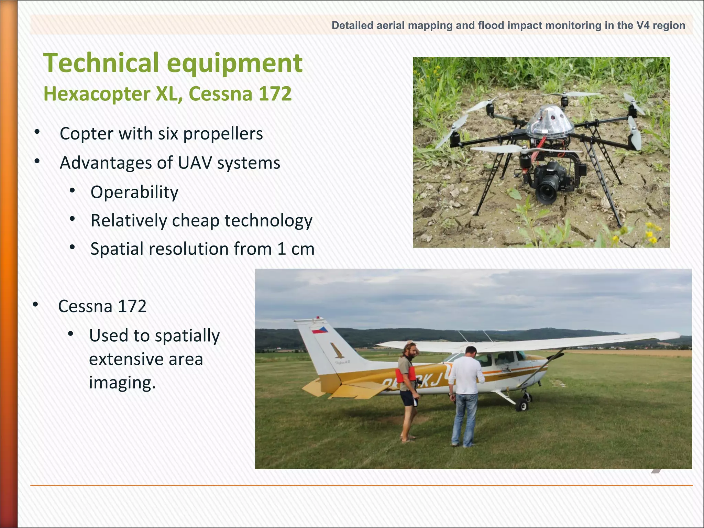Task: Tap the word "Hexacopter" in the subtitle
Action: point(97,93)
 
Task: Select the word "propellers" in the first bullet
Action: point(223,134)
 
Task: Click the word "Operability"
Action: point(134,192)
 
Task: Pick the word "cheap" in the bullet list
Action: point(196,221)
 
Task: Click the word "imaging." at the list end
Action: point(122,383)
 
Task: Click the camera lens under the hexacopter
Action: point(546,192)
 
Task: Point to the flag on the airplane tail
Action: point(320,330)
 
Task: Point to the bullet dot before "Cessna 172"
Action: point(35,305)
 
